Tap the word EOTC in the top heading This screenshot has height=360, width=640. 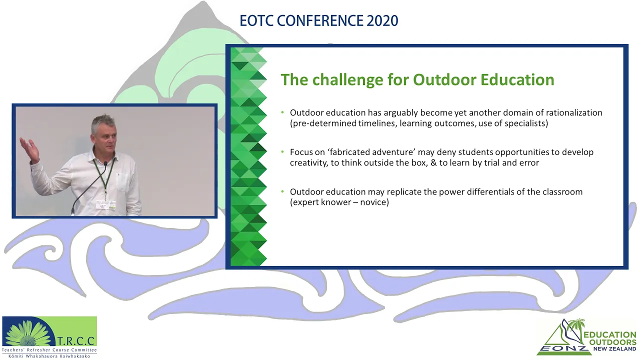coord(256,20)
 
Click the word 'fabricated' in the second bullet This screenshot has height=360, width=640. coord(349,152)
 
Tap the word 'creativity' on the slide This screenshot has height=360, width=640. coord(308,163)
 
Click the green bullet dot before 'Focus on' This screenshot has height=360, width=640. coord(282,152)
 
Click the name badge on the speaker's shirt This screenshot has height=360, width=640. coord(105,204)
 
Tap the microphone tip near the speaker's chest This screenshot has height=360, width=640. coord(105,163)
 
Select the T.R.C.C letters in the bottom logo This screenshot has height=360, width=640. coord(75,341)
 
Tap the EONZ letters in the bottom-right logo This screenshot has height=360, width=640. coord(564,349)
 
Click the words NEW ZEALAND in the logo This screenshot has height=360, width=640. coord(615,349)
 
